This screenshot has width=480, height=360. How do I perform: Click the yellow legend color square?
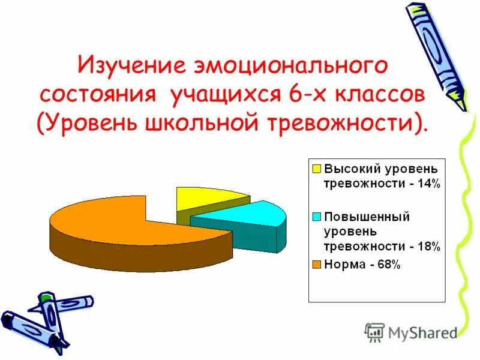click(x=316, y=168)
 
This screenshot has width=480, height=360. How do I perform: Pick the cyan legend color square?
click(x=316, y=217)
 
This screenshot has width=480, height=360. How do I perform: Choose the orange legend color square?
click(x=316, y=263)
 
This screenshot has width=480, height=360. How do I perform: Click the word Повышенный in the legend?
click(x=367, y=217)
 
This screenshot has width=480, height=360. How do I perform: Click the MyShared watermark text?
click(x=422, y=332)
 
